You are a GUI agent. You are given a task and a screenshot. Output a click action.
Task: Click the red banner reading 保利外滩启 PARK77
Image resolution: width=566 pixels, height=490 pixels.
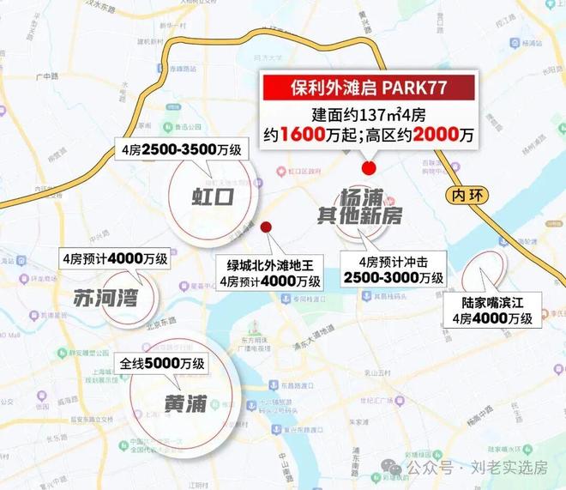coord(368,88)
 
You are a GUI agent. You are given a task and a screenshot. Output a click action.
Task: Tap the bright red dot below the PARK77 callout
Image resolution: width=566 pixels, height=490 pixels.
coord(370,168)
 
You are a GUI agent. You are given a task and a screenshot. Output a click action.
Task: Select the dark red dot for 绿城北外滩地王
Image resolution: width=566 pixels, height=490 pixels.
coord(266,227)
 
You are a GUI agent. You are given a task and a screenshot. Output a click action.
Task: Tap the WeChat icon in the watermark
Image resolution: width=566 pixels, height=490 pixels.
coord(392,468)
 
